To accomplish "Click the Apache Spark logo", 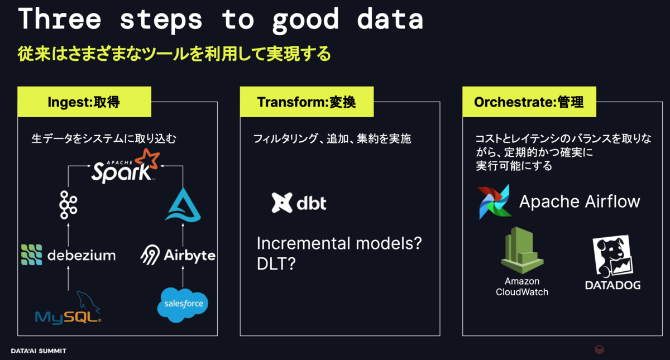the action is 126,166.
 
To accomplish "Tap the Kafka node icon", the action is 68,205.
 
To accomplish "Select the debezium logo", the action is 69,255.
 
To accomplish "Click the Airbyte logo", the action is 178,255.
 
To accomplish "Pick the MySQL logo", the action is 68,308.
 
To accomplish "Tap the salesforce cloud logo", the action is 183,305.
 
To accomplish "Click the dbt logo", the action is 299,203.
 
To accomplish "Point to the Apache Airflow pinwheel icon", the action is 494,202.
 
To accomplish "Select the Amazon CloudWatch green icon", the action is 522,250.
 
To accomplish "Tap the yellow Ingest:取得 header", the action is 84,102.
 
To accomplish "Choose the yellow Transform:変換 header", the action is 307,102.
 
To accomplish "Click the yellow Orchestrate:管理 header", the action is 529,102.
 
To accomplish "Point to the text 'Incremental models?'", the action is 339,243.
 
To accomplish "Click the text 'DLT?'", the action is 276,263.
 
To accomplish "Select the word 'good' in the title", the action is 305,20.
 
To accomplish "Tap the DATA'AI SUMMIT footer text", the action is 39,351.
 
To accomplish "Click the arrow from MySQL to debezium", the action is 68,278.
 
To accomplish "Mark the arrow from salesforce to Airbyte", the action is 183,277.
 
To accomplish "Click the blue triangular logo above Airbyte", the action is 183,205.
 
